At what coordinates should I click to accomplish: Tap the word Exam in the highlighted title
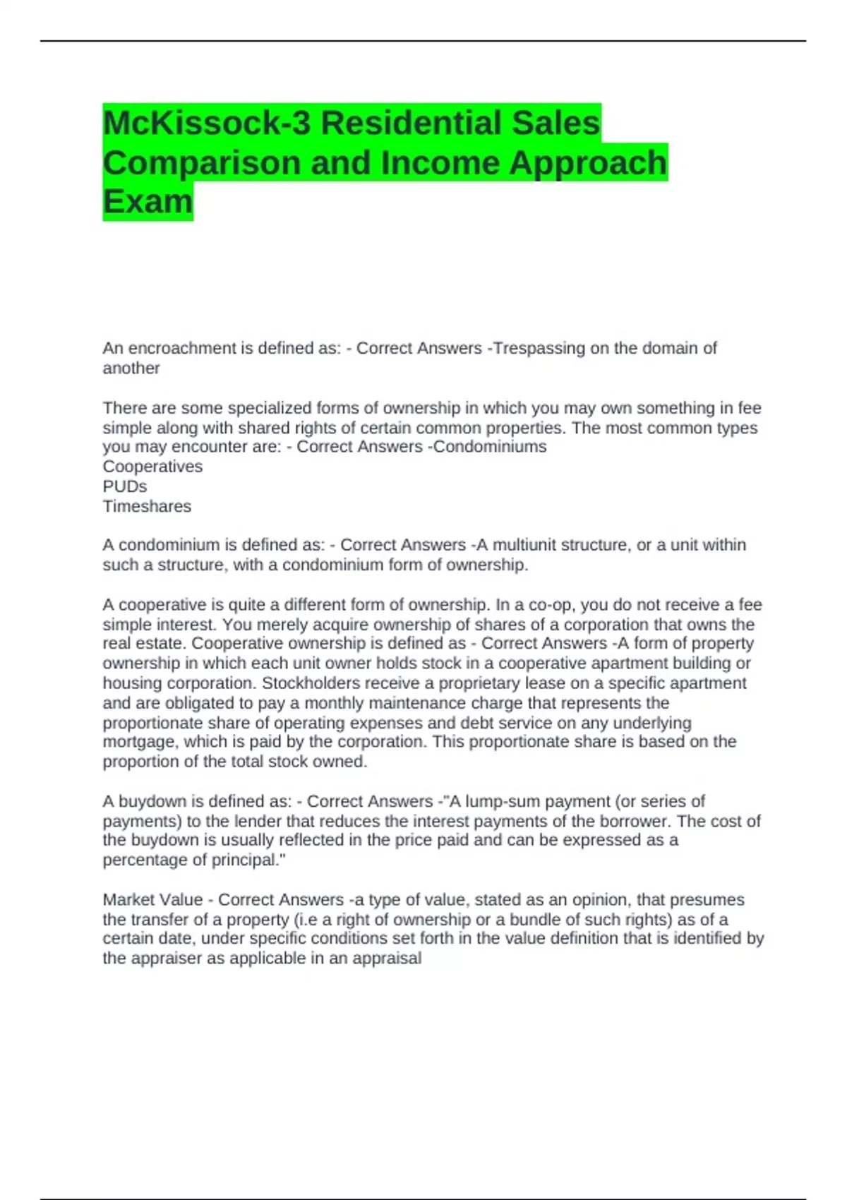pyautogui.click(x=148, y=202)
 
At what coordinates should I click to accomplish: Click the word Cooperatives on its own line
pyautogui.click(x=152, y=467)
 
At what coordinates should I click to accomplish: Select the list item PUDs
pyautogui.click(x=125, y=486)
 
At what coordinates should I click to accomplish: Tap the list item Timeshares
pyautogui.click(x=147, y=506)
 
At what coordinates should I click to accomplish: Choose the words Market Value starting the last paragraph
pyautogui.click(x=152, y=900)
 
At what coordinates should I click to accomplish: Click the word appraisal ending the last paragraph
pyautogui.click(x=390, y=958)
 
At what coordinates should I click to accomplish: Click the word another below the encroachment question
pyautogui.click(x=131, y=368)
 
